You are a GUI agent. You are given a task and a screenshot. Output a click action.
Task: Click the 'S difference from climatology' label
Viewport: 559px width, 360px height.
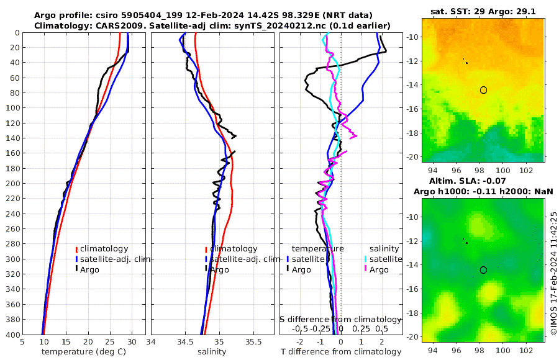pos(340,319)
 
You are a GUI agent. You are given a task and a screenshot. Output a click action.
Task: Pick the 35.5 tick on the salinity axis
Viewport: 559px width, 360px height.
pos(253,341)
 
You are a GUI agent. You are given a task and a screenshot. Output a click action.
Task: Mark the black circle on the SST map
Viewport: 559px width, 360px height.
pos(483,90)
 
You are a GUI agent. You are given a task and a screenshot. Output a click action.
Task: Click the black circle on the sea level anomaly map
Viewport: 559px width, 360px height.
pos(483,270)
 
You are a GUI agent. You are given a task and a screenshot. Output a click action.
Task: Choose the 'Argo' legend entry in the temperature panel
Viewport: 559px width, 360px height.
pos(90,269)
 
